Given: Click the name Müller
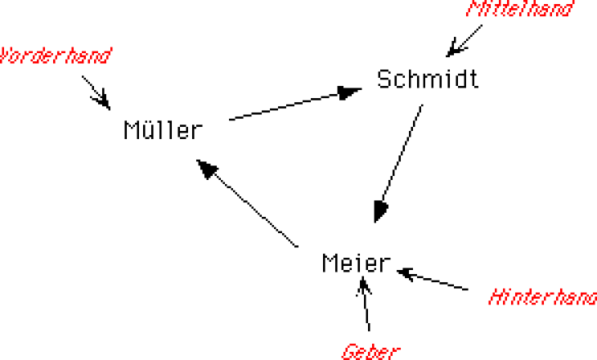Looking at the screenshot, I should point(161,130).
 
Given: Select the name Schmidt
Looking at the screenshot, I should point(427,79).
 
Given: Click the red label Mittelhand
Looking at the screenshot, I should point(520,10).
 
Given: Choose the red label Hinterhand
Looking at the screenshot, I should point(542,297).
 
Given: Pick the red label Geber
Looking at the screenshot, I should point(371,352).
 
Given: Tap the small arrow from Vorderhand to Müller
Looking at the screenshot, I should point(97,92).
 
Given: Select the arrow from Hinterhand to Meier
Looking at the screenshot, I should point(433,279).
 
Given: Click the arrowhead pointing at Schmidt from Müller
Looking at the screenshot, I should point(350,92).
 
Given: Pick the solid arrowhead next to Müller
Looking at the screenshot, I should point(209,169).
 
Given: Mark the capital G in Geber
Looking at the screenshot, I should point(348,352).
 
